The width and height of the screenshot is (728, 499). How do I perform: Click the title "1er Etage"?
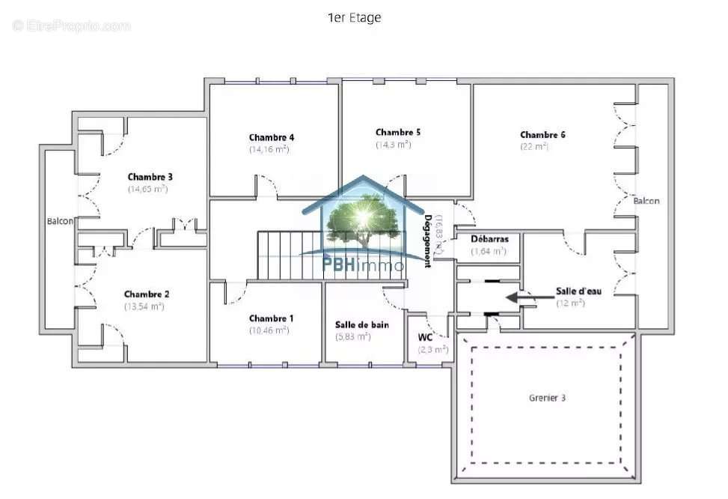[x=354, y=18]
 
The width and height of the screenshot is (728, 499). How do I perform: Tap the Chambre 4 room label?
[x=271, y=137]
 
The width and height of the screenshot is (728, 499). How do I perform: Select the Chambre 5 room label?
[x=397, y=132]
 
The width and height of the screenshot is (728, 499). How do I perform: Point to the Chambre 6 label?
[x=542, y=135]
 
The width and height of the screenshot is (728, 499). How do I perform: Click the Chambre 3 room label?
[x=150, y=177]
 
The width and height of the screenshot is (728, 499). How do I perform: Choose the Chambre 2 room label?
[x=147, y=294]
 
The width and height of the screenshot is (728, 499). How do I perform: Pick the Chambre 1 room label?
[x=271, y=318]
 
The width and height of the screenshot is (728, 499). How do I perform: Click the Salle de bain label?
[x=361, y=324]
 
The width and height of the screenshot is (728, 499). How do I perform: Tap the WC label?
[x=425, y=337]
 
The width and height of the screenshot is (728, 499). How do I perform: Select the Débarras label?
[x=489, y=239]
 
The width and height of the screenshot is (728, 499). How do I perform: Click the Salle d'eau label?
[x=578, y=291]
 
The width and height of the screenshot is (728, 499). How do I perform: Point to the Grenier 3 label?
[x=546, y=398]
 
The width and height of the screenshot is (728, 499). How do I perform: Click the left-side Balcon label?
[x=60, y=221]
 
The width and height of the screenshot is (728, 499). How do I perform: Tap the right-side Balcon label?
[x=646, y=201]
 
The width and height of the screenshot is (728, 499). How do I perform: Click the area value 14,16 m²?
[x=269, y=149]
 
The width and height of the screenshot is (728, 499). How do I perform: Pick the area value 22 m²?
[x=534, y=147]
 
